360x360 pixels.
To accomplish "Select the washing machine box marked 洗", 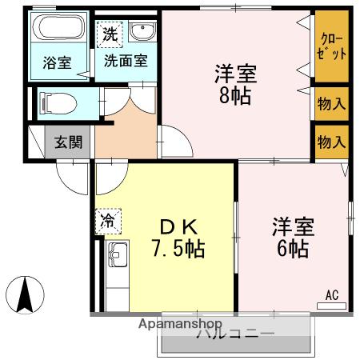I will [109, 35].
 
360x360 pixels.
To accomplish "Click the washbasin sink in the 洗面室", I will [142, 34].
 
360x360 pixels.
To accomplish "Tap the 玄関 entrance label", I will [66, 143].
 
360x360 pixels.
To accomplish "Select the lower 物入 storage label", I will [332, 142].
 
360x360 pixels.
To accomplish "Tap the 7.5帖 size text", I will [178, 250].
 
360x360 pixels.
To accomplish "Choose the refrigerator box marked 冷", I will [107, 220].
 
